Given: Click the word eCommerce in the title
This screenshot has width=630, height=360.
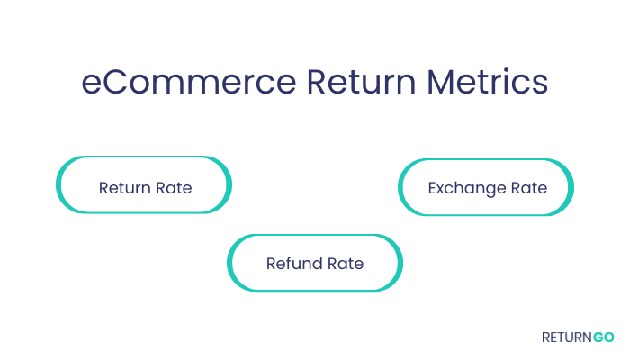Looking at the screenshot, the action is click(189, 82).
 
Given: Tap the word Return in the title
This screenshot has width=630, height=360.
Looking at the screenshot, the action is click(361, 82).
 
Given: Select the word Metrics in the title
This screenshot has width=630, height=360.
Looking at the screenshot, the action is click(488, 82).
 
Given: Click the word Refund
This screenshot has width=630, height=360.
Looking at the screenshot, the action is click(294, 264).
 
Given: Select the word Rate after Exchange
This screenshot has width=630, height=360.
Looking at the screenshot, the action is click(529, 188).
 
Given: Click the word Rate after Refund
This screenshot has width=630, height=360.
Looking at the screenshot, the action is click(346, 264).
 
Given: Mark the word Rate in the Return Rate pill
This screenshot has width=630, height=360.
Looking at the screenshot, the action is click(174, 188).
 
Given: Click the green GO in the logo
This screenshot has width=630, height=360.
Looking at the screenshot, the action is click(604, 337).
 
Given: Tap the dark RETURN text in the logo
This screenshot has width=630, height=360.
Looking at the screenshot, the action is click(567, 337).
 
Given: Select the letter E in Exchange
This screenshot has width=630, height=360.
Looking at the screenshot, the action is click(433, 188).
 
